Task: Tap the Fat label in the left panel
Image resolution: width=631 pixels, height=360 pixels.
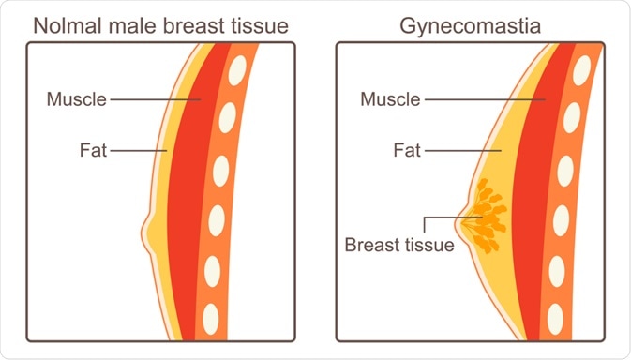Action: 93,148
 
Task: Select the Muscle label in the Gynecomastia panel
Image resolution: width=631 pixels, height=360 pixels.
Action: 391,98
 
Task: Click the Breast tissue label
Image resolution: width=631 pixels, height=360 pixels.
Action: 398,246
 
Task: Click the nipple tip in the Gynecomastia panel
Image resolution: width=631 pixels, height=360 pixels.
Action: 458,223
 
